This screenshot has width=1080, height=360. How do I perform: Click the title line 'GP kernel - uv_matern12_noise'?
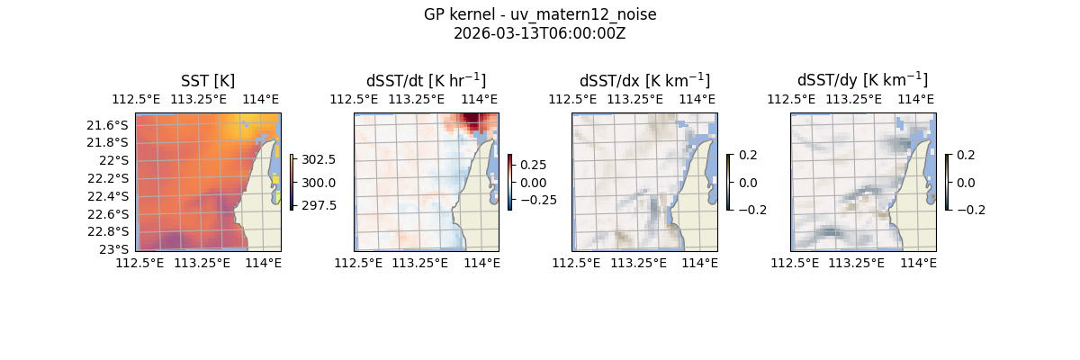(x=540, y=14)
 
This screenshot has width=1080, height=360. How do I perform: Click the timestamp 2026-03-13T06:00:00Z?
(x=540, y=33)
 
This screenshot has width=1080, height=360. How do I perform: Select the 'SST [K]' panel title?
(x=207, y=80)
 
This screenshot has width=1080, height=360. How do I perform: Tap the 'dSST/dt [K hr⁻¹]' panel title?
(x=426, y=80)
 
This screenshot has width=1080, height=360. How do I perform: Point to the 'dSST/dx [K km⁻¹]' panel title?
(x=644, y=80)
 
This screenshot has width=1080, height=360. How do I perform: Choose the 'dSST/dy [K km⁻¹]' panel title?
(x=862, y=80)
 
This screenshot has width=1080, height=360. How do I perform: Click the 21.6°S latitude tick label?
(x=107, y=124)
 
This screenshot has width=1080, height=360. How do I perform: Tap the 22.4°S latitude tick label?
(x=107, y=196)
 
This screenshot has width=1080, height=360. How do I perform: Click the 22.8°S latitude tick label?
(x=107, y=231)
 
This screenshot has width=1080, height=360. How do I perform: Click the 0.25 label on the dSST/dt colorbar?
(x=534, y=165)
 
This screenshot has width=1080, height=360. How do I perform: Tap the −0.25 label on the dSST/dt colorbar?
(x=537, y=200)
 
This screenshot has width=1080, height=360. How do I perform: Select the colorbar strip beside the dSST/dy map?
(x=947, y=182)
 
